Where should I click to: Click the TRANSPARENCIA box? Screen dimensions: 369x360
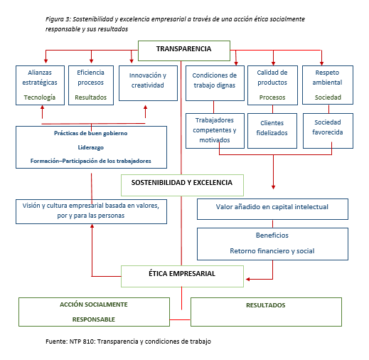click(x=184, y=51)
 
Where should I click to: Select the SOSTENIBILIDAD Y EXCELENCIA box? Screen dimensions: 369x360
click(x=182, y=185)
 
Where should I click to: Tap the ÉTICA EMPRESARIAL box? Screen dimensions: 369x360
click(x=182, y=276)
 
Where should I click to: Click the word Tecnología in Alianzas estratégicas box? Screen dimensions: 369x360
click(x=40, y=97)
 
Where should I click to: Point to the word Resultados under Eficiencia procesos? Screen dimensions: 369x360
click(x=91, y=97)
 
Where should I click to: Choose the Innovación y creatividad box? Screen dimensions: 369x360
click(x=148, y=83)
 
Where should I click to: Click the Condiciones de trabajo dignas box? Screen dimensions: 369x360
click(x=215, y=83)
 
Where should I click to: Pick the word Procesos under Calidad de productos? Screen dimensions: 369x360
click(x=272, y=97)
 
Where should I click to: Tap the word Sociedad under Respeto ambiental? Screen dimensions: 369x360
click(x=328, y=97)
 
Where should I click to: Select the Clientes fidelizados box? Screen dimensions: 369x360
click(x=272, y=131)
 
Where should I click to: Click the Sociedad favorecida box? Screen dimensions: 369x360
click(x=328, y=131)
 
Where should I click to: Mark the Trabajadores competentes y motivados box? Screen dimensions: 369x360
click(x=215, y=131)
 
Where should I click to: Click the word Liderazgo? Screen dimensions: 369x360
click(x=91, y=147)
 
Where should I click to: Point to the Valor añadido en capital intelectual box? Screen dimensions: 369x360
click(x=272, y=209)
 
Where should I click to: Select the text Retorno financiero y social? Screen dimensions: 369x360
click(x=272, y=251)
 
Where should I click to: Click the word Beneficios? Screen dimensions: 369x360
click(x=272, y=235)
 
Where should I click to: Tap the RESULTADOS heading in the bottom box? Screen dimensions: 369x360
click(x=266, y=305)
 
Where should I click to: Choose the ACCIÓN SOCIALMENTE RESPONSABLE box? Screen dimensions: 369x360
click(x=94, y=312)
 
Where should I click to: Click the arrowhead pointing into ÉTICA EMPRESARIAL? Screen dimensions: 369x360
click(x=247, y=279)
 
